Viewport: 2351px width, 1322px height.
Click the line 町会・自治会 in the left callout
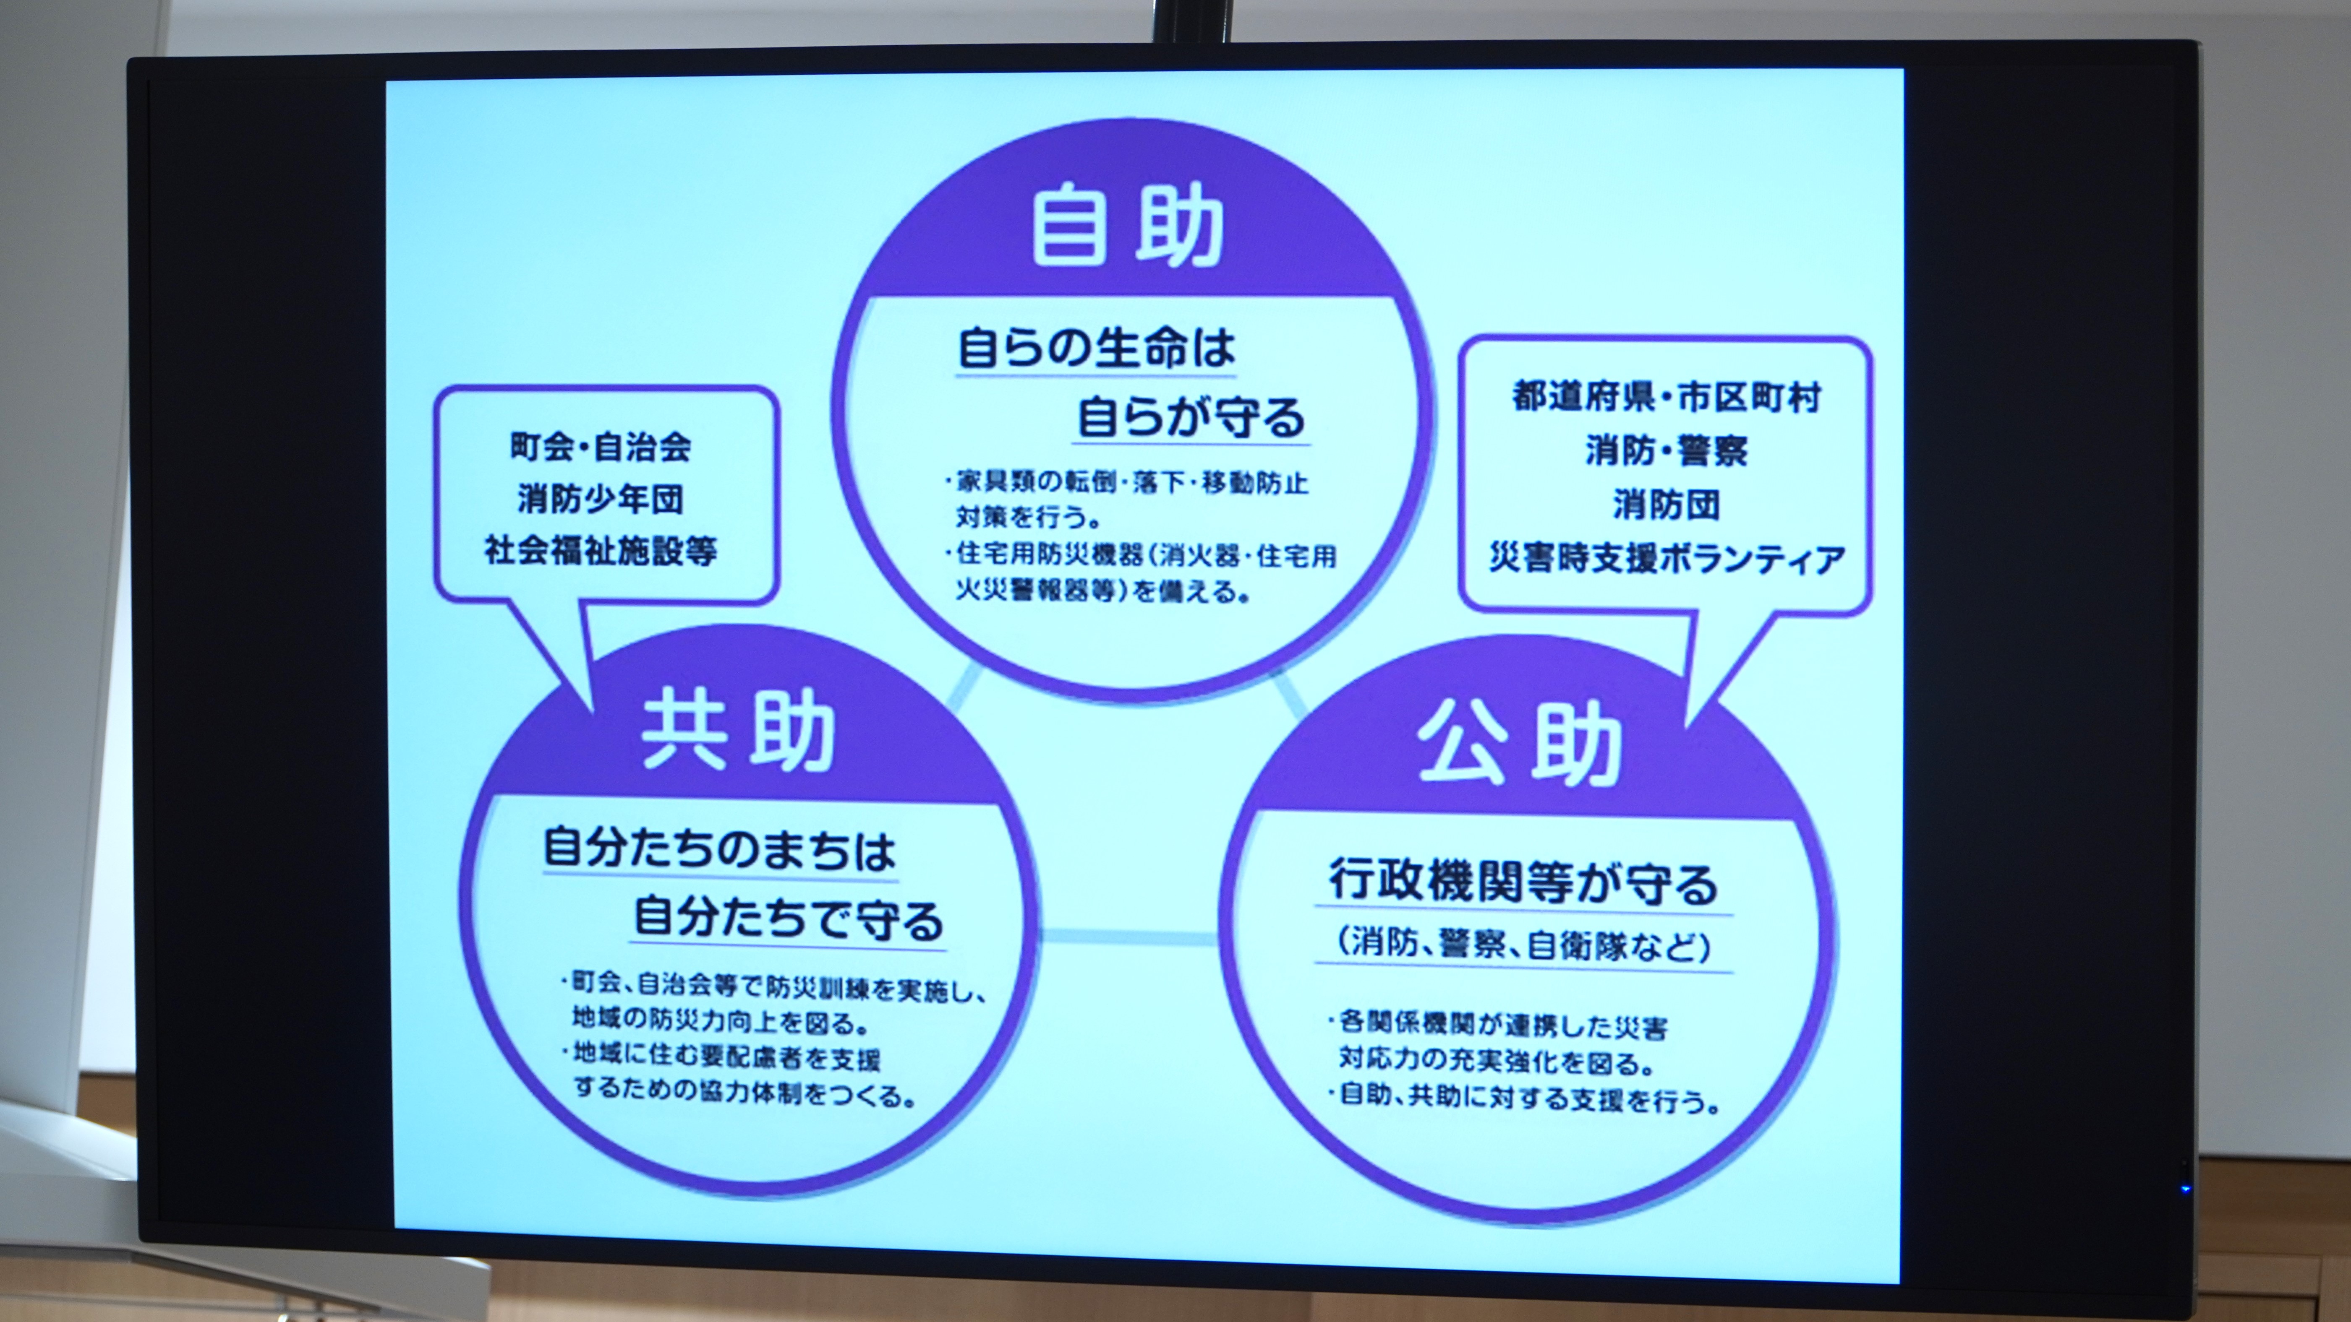[601, 447]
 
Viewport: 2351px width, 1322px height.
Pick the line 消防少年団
[601, 499]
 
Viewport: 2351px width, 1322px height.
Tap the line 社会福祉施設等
[601, 551]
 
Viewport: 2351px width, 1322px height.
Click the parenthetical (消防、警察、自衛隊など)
[1524, 944]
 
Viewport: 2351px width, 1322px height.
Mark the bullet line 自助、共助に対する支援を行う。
[1524, 1098]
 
